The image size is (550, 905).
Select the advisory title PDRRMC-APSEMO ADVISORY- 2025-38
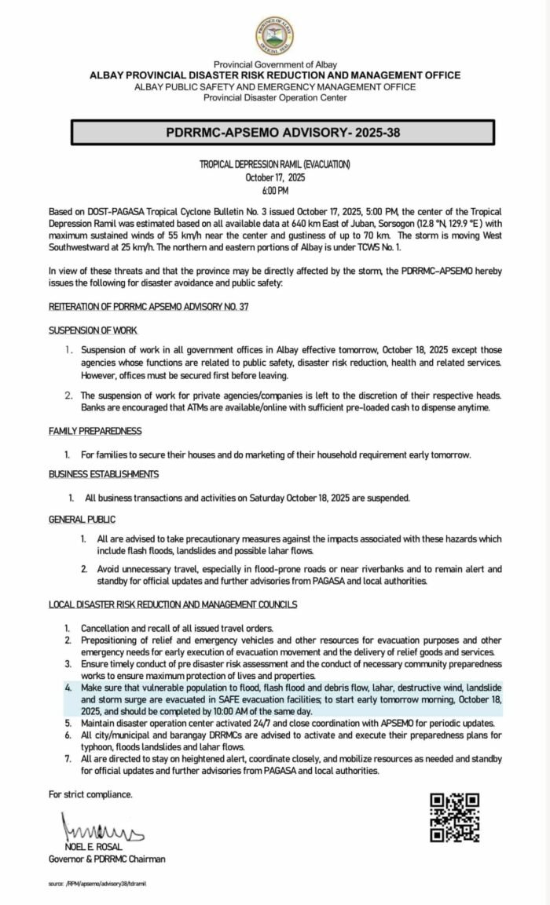[274, 133]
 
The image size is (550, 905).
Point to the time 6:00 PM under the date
[274, 191]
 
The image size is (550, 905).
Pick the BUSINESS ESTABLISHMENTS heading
[103, 474]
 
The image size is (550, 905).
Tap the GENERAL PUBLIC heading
[82, 520]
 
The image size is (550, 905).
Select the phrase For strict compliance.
[90, 794]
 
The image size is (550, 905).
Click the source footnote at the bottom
[97, 883]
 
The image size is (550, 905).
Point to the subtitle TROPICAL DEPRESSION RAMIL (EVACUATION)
[274, 165]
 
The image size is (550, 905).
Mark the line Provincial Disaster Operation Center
[274, 97]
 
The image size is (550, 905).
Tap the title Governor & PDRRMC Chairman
[107, 858]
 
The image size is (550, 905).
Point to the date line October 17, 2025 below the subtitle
[274, 178]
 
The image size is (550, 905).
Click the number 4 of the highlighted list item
[68, 686]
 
